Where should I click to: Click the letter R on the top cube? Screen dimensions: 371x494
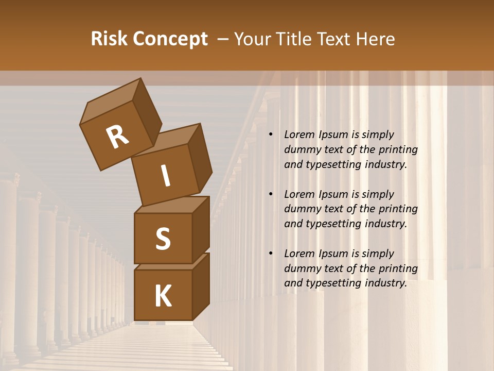(x=117, y=137)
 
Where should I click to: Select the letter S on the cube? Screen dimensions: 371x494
(x=163, y=239)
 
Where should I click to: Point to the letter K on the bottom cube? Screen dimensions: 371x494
(x=163, y=296)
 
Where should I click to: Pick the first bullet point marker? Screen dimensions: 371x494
(x=271, y=134)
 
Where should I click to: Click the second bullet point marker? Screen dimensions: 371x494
(x=271, y=194)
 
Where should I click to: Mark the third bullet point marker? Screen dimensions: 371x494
(x=271, y=254)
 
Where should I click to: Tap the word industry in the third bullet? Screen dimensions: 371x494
(x=385, y=283)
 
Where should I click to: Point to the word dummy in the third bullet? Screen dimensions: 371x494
(x=301, y=268)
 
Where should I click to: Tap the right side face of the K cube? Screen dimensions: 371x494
(x=201, y=286)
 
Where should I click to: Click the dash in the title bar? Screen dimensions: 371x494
(x=223, y=39)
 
